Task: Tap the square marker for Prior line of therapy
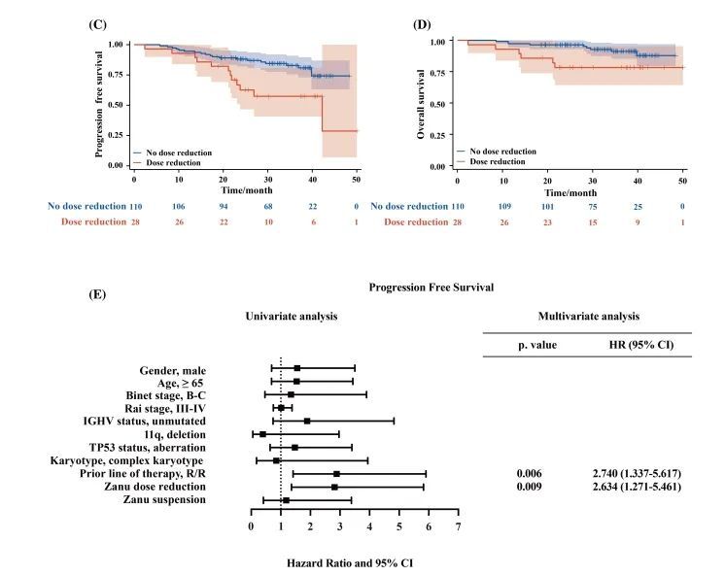(x=336, y=473)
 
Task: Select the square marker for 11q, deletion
(x=262, y=434)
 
